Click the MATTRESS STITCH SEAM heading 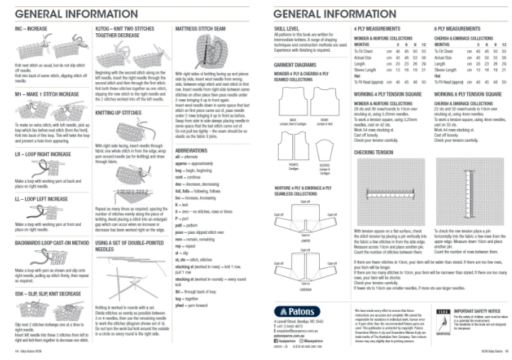[204, 28]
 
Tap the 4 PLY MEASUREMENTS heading [378, 28]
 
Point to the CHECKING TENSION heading [374, 152]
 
